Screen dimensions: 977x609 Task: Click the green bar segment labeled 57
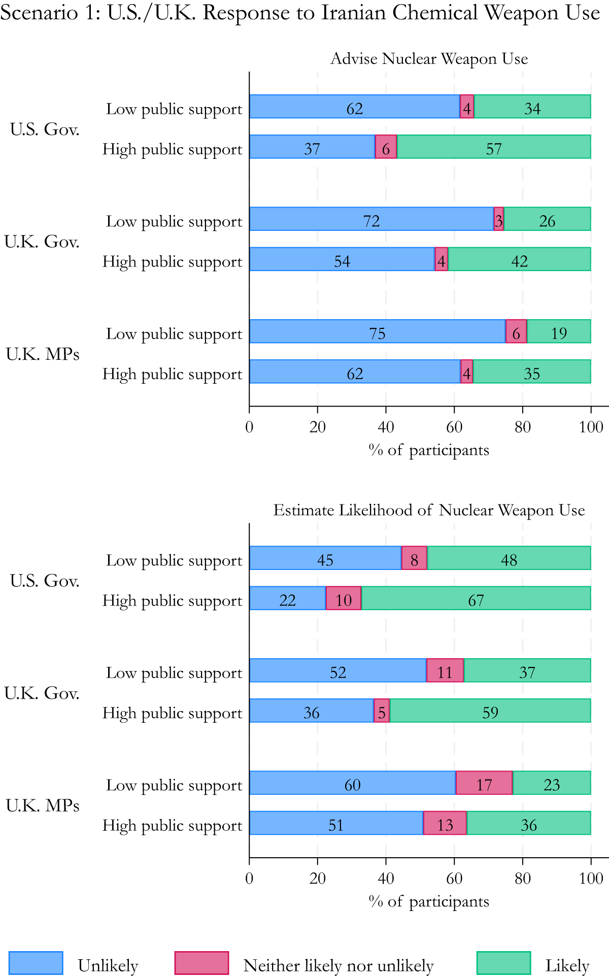coord(493,147)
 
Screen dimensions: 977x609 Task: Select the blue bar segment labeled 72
coord(371,219)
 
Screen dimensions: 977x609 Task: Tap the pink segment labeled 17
coord(484,783)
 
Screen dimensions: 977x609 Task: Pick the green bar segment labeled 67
coord(476,598)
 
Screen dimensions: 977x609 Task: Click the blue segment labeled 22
coord(287,598)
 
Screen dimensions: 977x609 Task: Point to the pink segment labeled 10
coord(343,598)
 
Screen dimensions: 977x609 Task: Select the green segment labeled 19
coord(558,331)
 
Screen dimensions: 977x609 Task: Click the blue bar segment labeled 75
coord(377,331)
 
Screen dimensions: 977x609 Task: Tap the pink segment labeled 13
coord(445,823)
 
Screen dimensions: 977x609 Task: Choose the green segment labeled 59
coord(490,711)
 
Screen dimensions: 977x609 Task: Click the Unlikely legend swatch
coord(36,963)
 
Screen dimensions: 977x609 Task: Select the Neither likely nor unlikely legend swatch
coord(201,963)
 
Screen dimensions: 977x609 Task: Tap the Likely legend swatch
coord(503,963)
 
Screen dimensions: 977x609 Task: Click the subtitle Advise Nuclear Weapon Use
coord(429,59)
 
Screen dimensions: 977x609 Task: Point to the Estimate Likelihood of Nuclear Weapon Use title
coord(429,510)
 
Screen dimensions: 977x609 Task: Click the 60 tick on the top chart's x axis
coord(454,427)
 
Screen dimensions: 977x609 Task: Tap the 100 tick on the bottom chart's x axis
coord(591,879)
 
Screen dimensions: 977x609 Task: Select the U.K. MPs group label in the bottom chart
coord(43,805)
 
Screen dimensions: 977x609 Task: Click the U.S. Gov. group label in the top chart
coord(45,129)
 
